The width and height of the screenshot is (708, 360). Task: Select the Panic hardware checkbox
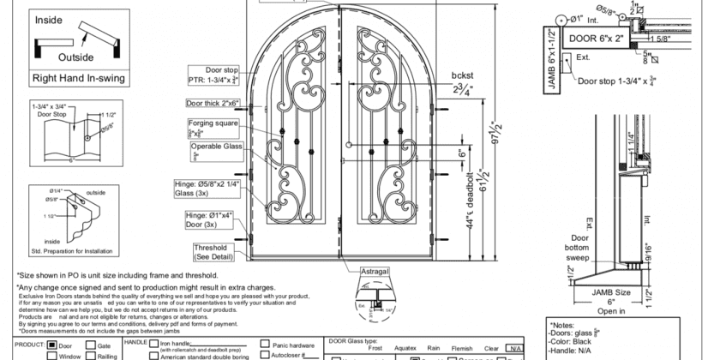(266, 345)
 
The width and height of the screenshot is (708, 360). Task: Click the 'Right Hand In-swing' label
(78, 78)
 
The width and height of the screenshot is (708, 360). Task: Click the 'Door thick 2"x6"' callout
(213, 103)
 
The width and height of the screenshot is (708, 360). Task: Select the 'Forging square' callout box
(213, 128)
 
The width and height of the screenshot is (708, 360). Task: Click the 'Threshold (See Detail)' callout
(213, 252)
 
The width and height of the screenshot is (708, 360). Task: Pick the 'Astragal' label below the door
(374, 272)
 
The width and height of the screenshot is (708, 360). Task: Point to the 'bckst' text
(463, 75)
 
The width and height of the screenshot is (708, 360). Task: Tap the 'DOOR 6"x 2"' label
(591, 39)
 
